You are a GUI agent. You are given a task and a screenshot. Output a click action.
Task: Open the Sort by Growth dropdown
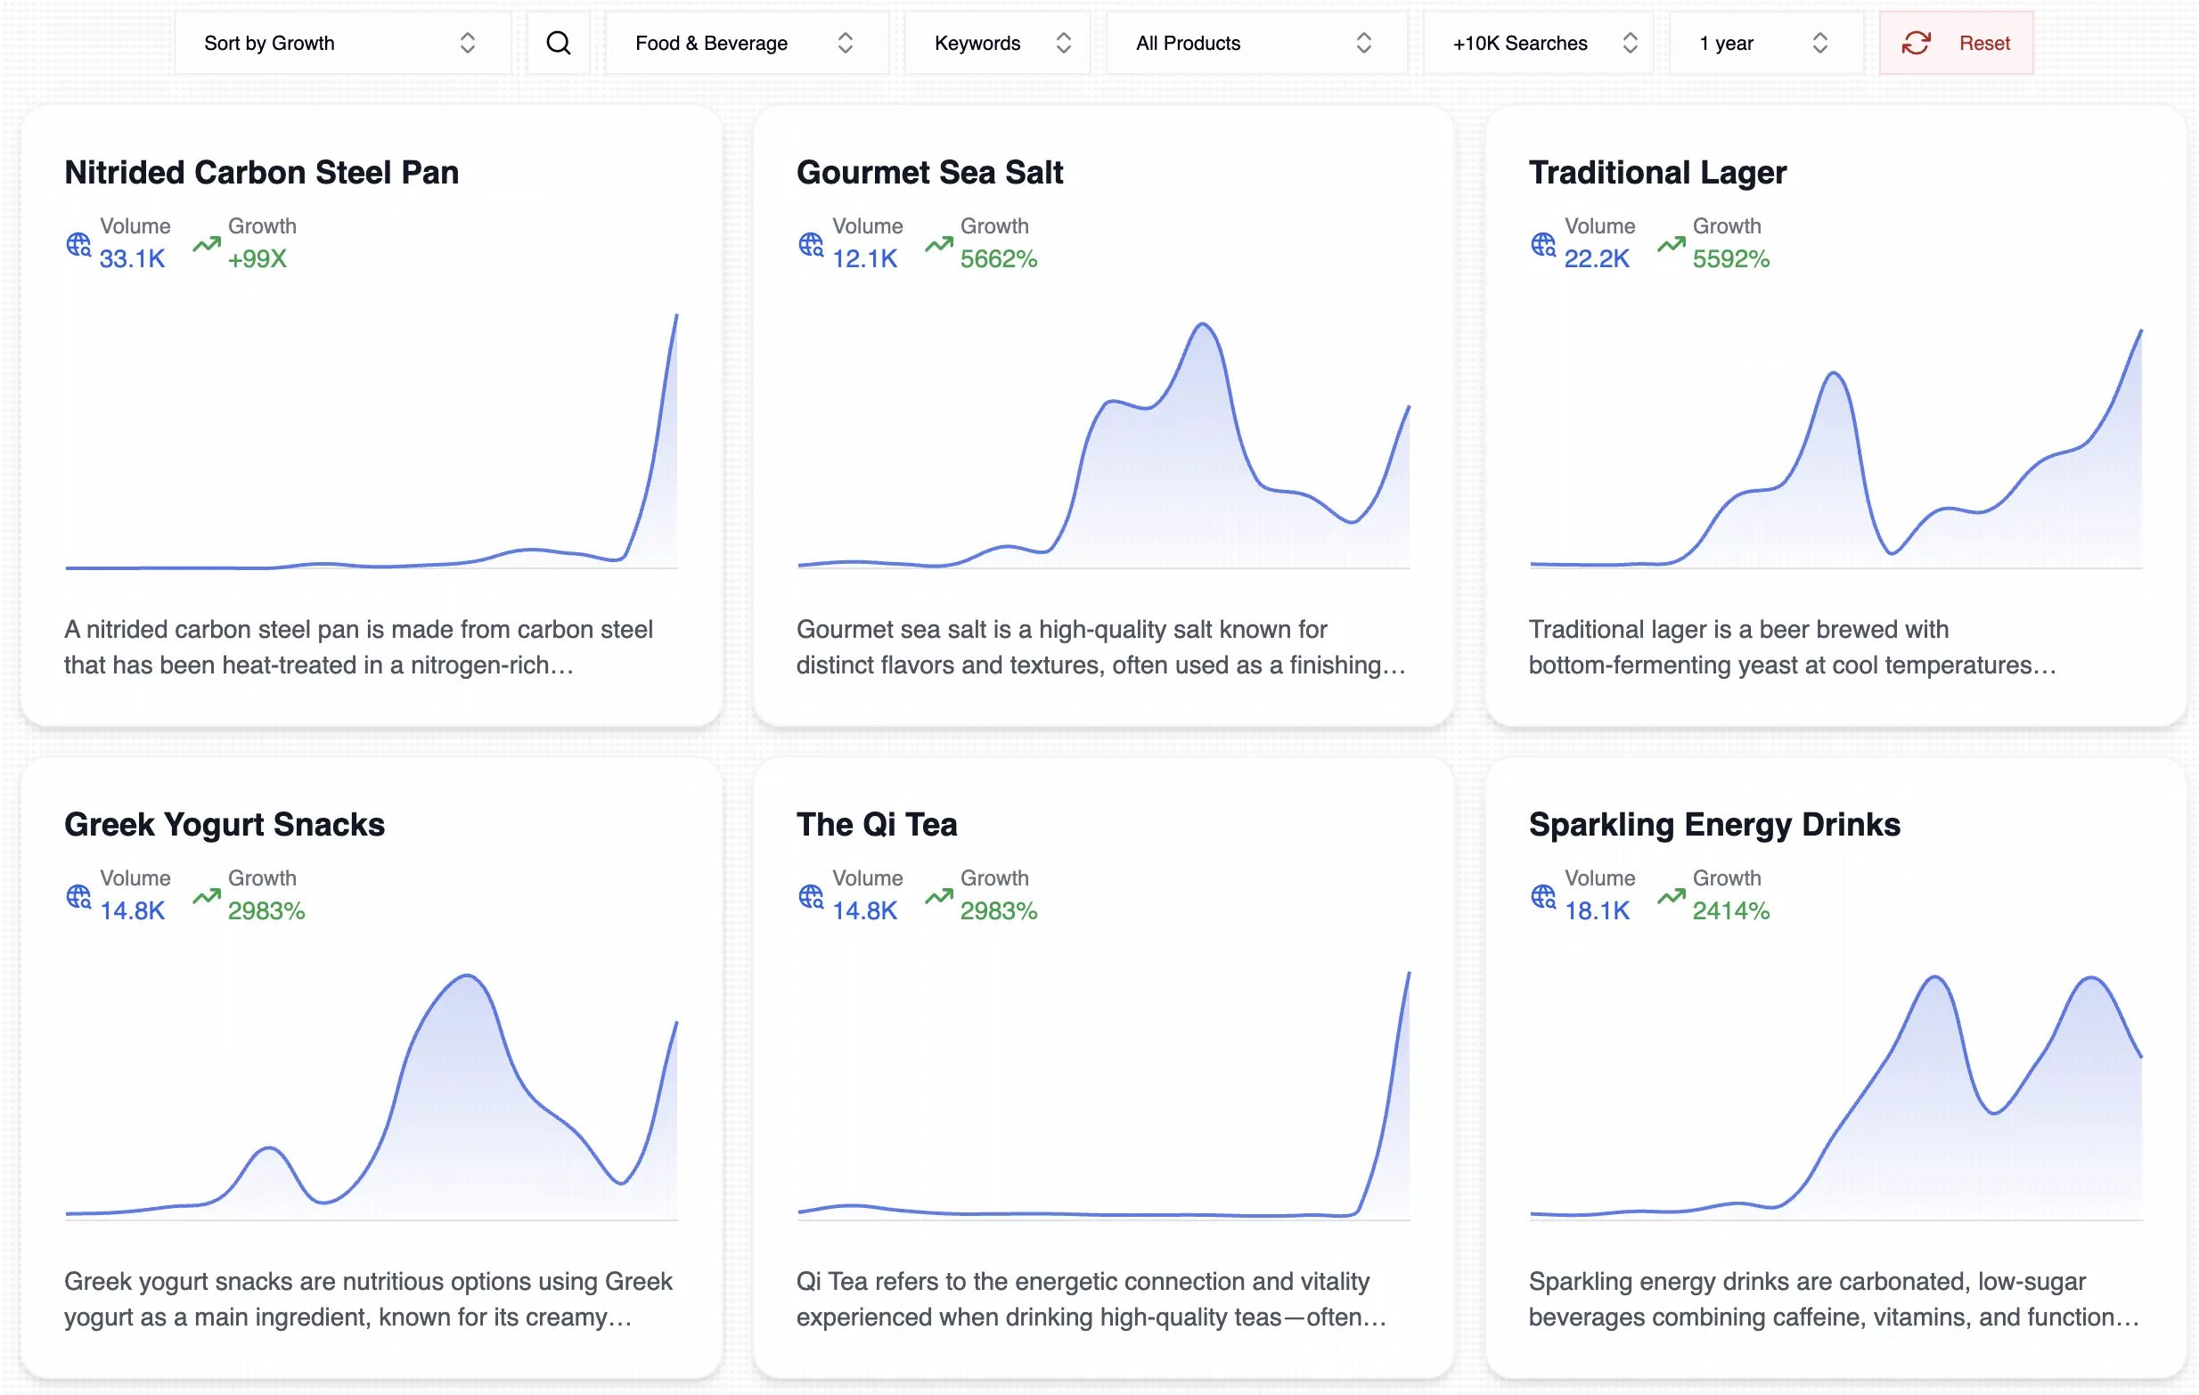coord(340,43)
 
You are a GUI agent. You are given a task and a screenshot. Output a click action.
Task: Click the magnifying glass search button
coord(558,43)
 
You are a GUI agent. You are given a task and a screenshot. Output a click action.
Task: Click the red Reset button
coord(1955,43)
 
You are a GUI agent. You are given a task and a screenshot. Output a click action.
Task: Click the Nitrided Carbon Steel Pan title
coord(261,173)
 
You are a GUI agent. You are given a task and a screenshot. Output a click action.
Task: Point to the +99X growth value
coord(257,259)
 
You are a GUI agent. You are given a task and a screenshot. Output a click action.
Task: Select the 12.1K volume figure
coord(864,259)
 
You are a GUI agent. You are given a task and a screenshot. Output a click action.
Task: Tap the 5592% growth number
coord(1729,259)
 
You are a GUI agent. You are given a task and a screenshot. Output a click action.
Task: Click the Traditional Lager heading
coord(1656,173)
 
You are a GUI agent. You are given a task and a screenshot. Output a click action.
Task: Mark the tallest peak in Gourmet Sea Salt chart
coord(1203,325)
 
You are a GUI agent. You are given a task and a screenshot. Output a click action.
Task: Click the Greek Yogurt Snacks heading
coord(224,824)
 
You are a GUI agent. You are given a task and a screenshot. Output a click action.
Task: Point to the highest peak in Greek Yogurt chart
coord(468,977)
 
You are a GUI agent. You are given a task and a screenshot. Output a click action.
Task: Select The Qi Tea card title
coord(876,824)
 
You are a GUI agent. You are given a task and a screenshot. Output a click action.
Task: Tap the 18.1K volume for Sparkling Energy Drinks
coord(1597,911)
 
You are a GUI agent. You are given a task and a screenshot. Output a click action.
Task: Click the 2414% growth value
coord(1729,911)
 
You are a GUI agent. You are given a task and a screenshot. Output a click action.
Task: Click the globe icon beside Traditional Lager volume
coord(1542,245)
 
